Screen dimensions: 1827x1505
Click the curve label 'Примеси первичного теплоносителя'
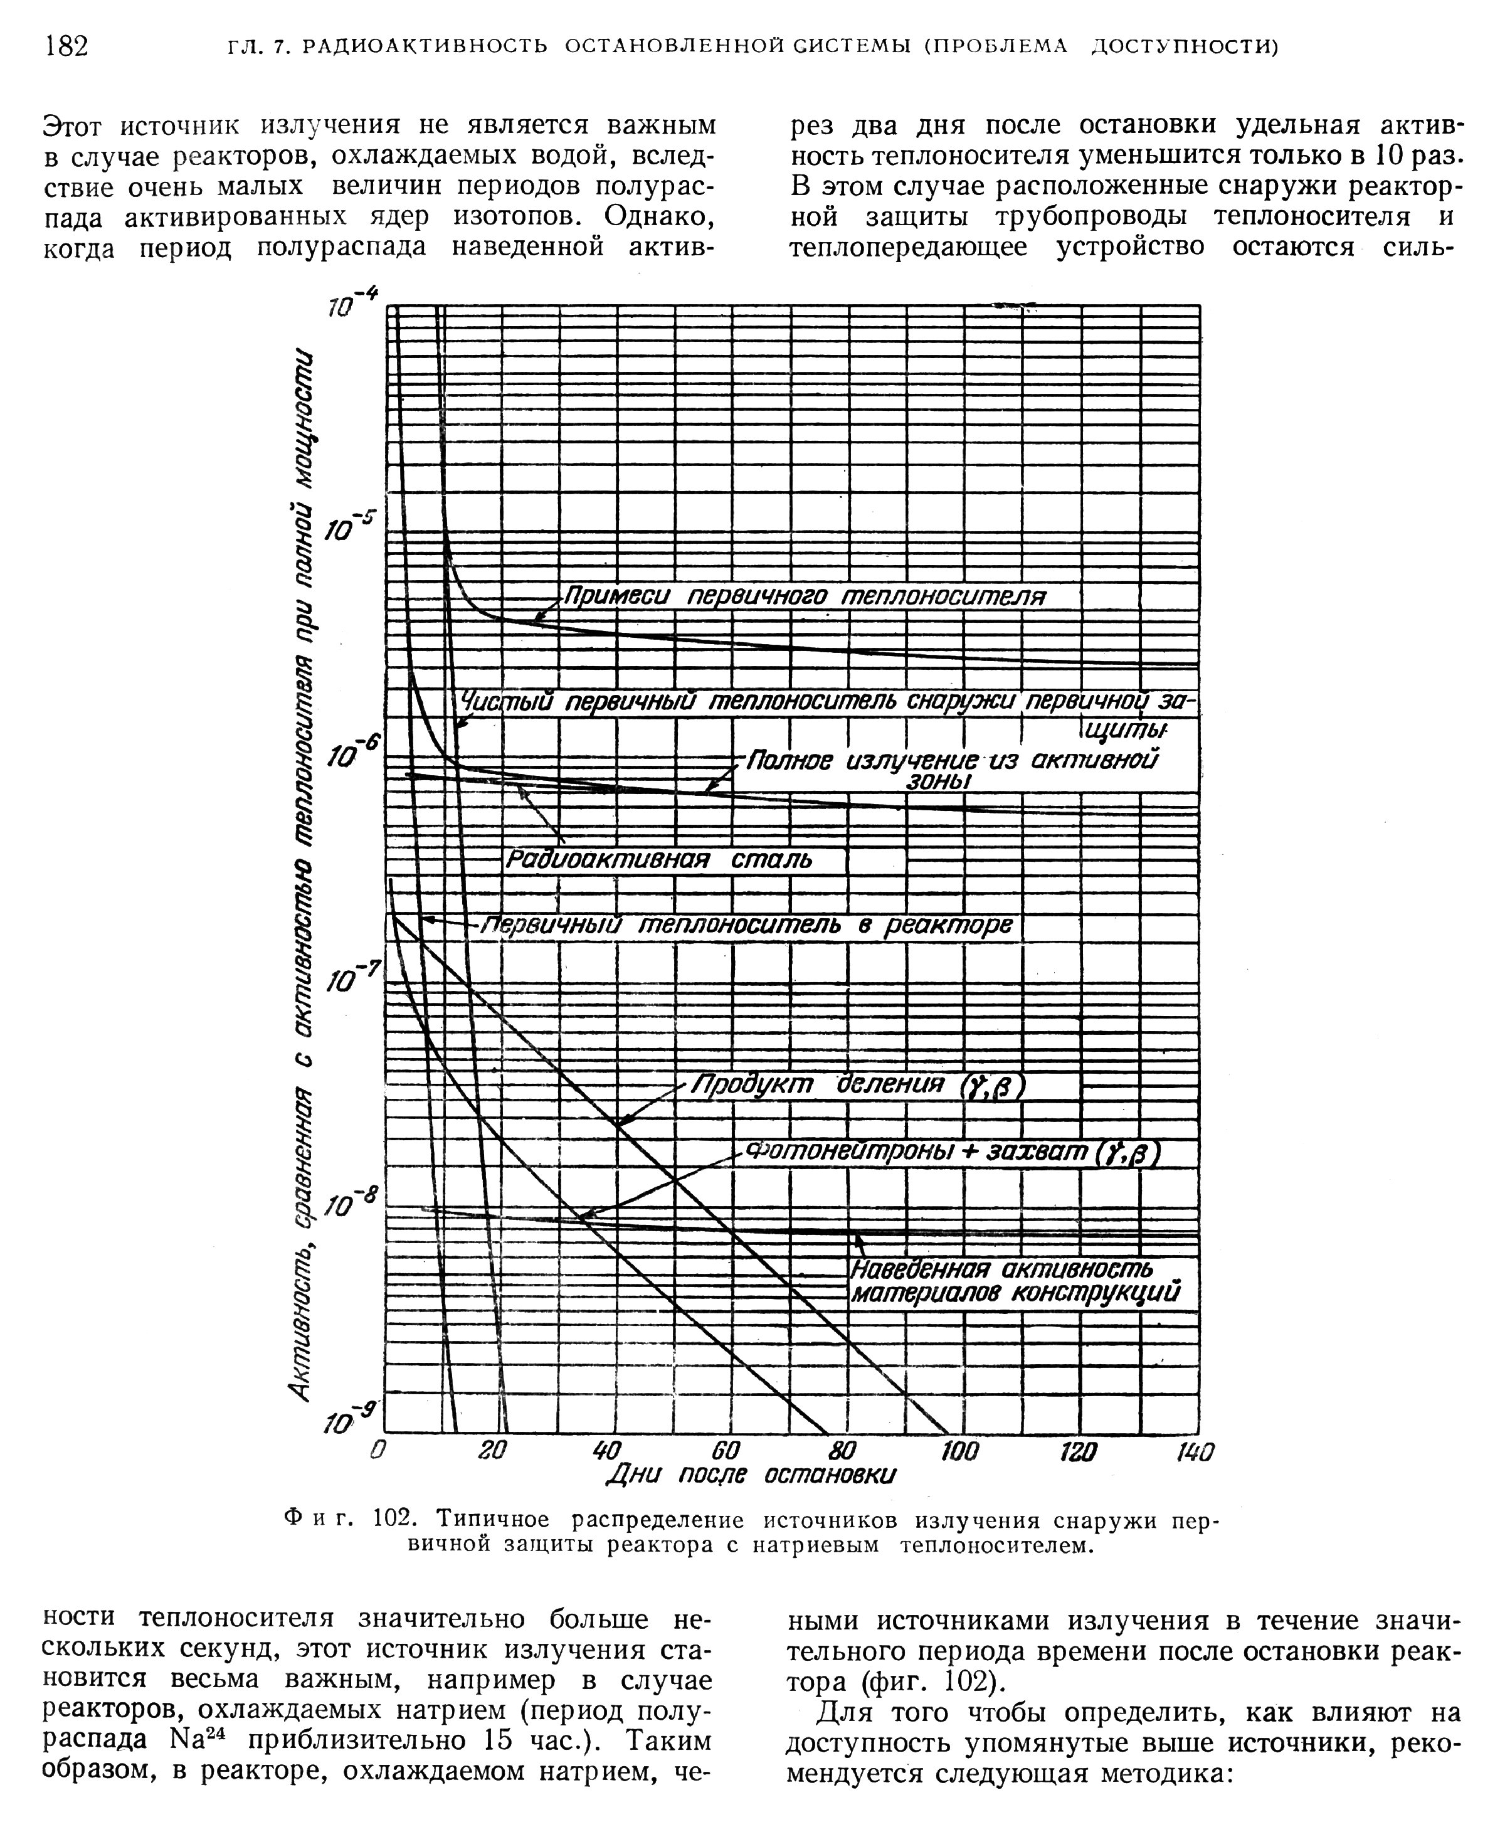[x=805, y=596]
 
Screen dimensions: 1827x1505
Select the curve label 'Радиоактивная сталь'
[x=660, y=859]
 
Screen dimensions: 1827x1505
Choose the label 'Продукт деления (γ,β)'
[x=858, y=1085]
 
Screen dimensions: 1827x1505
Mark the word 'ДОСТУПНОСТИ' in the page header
[x=1184, y=46]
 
